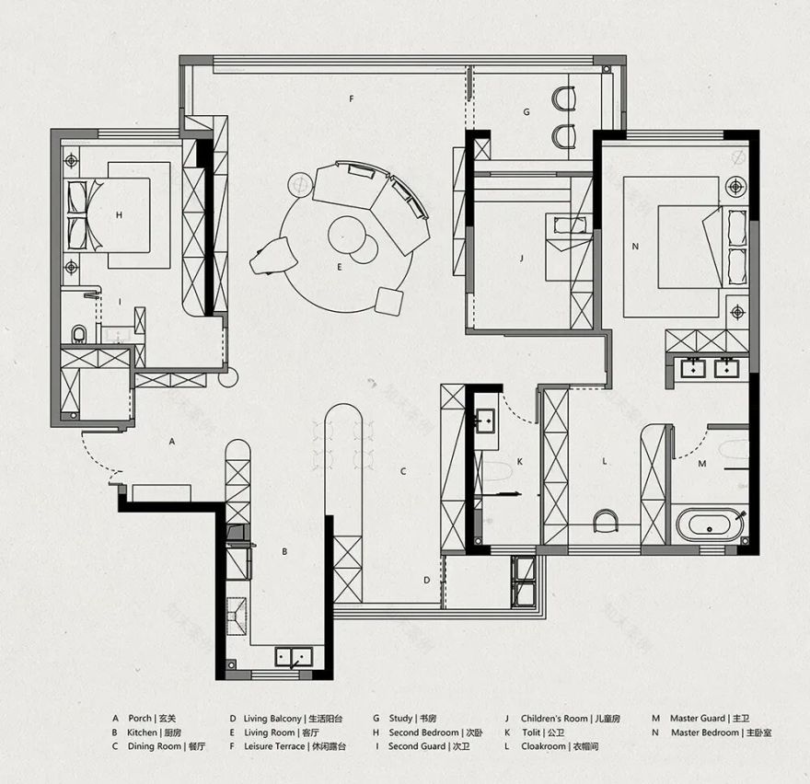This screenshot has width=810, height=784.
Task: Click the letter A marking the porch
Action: pyautogui.click(x=172, y=442)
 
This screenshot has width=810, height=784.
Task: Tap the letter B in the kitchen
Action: pyautogui.click(x=284, y=551)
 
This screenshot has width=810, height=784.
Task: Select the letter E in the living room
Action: pyautogui.click(x=339, y=267)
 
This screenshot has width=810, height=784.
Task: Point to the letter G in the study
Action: pyautogui.click(x=526, y=112)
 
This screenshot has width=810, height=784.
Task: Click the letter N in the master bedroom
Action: pyautogui.click(x=634, y=247)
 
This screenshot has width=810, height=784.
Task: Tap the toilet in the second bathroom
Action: pyautogui.click(x=80, y=332)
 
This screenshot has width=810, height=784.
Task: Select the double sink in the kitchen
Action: pyautogui.click(x=295, y=657)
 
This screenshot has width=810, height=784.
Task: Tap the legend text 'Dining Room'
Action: pyautogui.click(x=156, y=746)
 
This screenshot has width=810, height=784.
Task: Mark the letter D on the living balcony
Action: pyautogui.click(x=426, y=581)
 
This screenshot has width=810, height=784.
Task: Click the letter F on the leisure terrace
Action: pyautogui.click(x=351, y=98)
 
